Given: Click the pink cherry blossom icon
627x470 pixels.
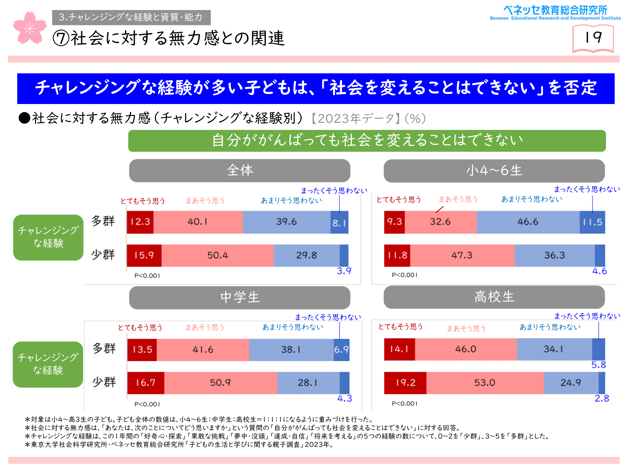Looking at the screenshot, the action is [30, 28].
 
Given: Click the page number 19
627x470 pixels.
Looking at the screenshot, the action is [593, 38].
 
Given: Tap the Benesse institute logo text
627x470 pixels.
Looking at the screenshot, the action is [555, 13].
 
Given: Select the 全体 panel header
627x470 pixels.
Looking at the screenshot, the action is [240, 170].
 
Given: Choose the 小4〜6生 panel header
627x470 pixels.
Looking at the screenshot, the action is [494, 171].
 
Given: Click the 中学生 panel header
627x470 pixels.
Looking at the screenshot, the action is [240, 298].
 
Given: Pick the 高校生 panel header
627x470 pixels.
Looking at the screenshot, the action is [494, 297].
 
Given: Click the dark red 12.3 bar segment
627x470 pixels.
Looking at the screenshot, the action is [140, 222].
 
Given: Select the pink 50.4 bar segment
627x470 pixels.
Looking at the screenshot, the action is [218, 256].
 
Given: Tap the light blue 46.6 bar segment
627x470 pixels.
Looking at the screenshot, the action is [528, 222].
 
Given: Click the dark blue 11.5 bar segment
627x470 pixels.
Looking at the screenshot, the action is [593, 222].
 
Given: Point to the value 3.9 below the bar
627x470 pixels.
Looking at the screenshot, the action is [344, 271].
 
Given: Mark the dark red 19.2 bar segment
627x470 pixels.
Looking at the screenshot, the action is [405, 383].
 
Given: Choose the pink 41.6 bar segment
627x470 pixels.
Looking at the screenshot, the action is [203, 350].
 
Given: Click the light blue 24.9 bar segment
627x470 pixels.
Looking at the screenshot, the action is [571, 383].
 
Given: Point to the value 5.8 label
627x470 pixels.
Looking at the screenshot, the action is [599, 365].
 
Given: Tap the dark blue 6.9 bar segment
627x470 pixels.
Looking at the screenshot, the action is [342, 350].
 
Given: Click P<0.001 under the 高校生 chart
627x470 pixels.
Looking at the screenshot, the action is [404, 404].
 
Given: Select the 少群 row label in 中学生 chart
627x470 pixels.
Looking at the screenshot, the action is [104, 382].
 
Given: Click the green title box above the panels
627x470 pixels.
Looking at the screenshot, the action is [367, 141].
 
